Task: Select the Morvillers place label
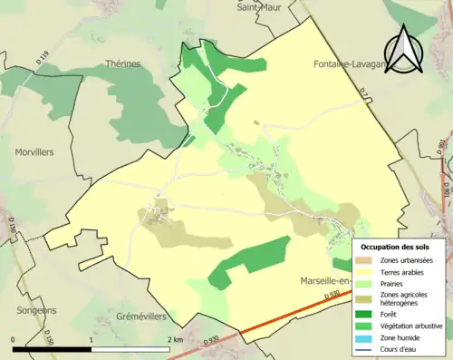[35, 153]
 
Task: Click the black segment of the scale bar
[52, 348]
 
